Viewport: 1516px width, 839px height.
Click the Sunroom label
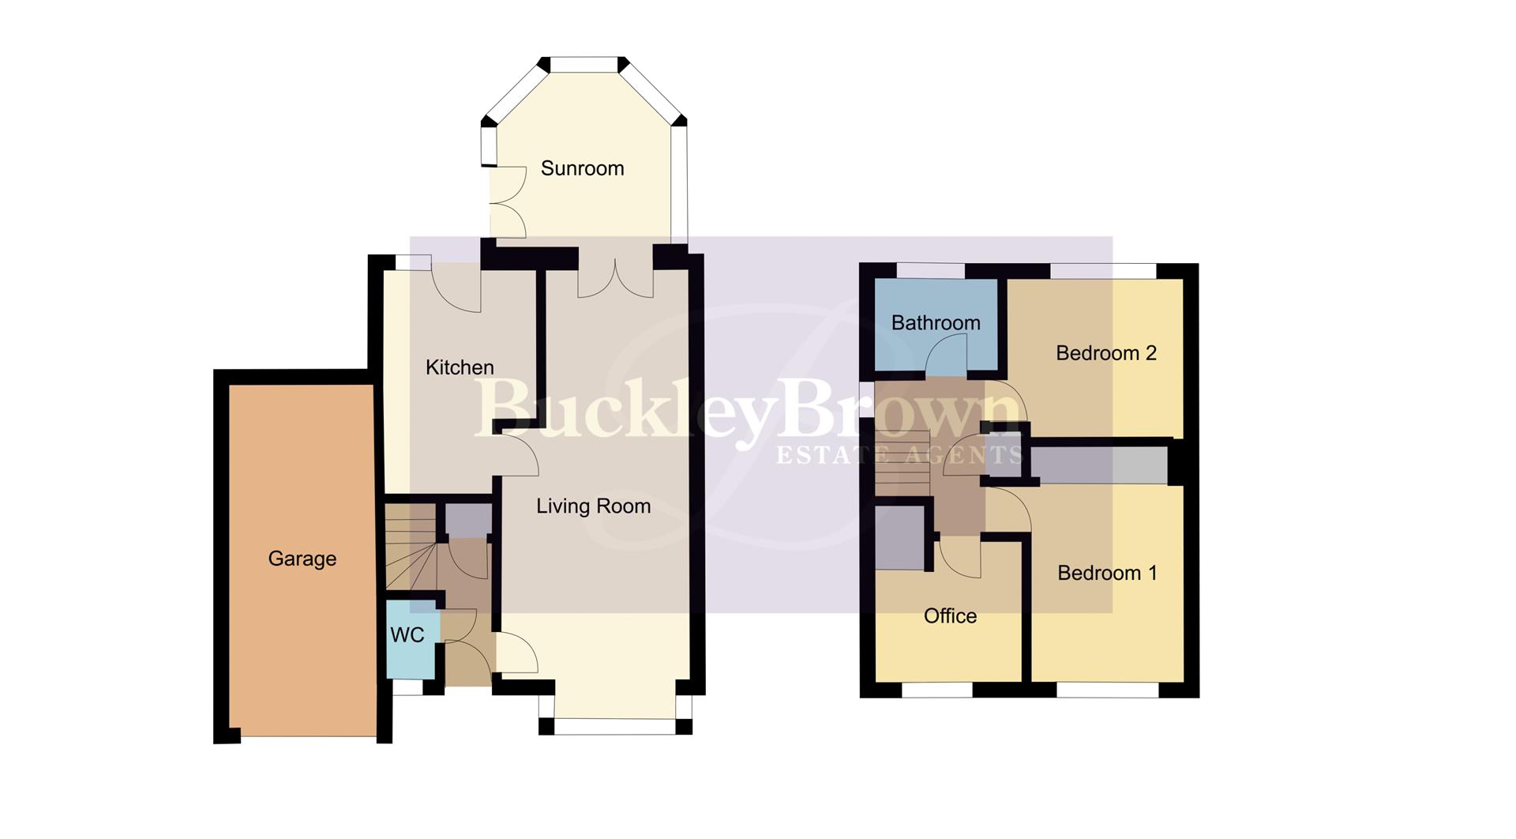582,168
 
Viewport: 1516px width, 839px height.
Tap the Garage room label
302,559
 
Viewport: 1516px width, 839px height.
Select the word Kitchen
460,367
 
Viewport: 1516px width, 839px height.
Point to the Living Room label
593,506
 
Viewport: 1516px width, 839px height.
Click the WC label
407,634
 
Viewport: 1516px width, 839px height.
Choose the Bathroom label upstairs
936,322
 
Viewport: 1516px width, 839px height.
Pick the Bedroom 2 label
1105,353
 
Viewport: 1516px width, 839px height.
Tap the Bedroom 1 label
1106,573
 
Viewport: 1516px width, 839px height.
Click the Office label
950,615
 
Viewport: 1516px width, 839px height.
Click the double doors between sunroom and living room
616,277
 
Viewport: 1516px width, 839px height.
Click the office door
959,558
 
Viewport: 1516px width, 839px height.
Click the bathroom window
930,271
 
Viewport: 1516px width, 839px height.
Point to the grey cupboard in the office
899,537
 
